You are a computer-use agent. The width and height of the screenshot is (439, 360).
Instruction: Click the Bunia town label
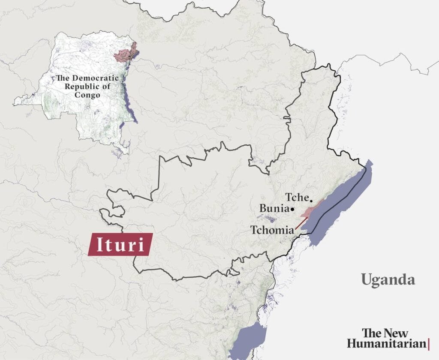click(x=274, y=208)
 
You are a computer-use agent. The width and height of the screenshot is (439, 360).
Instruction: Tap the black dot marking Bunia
click(x=292, y=210)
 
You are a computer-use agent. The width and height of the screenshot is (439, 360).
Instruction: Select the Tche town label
click(x=297, y=198)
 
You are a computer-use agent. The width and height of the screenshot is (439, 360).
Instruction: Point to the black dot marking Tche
click(x=311, y=200)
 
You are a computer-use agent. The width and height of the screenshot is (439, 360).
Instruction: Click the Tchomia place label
click(x=271, y=230)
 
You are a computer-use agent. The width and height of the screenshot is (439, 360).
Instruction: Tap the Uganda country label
click(x=388, y=280)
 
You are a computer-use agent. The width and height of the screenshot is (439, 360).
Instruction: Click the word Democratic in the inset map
click(x=94, y=79)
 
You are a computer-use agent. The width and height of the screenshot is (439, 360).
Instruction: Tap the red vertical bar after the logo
click(x=429, y=343)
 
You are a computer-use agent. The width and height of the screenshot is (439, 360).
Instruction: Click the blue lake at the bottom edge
click(x=245, y=341)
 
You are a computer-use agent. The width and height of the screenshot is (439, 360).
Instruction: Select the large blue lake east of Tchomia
click(x=343, y=201)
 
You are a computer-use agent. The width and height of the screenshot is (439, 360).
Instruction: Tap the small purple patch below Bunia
click(x=271, y=219)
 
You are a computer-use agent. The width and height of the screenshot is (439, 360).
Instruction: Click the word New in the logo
click(x=395, y=333)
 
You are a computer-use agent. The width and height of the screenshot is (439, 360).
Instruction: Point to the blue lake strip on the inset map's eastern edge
click(x=131, y=107)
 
